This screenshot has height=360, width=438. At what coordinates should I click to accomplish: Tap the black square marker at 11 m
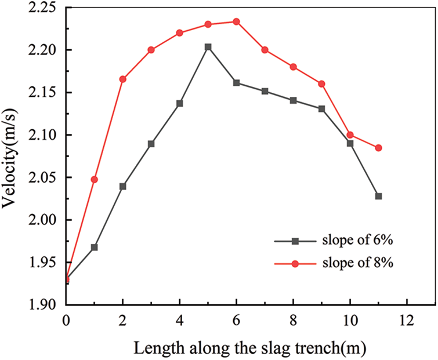tap(379, 196)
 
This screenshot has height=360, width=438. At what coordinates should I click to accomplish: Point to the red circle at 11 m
tap(379, 148)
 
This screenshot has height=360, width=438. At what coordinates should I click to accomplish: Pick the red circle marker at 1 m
tap(95, 179)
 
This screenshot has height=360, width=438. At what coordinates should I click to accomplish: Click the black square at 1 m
tap(95, 247)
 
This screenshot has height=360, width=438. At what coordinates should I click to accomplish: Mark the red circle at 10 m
tap(350, 135)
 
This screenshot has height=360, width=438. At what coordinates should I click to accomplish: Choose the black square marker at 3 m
tap(151, 143)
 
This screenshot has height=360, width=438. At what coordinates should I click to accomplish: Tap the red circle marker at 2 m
tap(123, 79)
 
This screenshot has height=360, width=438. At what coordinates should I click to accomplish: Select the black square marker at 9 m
tap(322, 109)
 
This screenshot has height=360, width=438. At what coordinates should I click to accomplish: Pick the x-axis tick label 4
tap(180, 319)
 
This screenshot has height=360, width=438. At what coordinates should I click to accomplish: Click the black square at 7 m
tap(265, 91)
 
